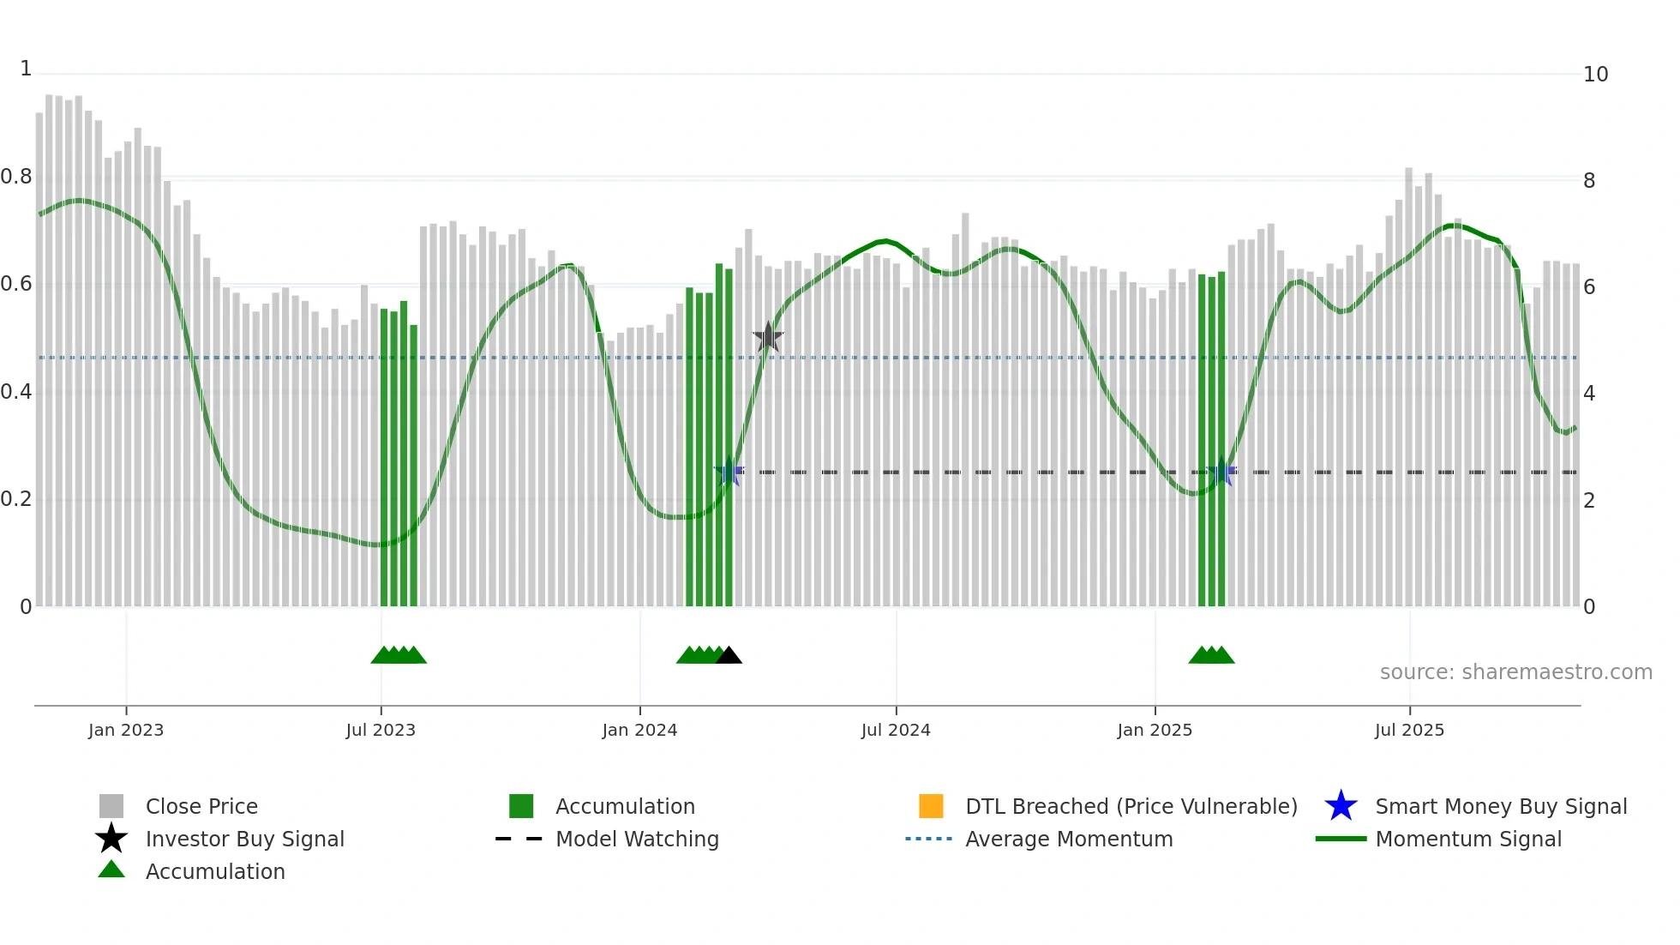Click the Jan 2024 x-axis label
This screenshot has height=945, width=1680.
639,730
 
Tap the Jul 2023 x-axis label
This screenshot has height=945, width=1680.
381,730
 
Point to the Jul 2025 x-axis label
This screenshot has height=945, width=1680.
1409,730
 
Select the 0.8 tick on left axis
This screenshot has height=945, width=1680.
16,178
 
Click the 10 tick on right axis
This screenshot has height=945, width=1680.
1595,75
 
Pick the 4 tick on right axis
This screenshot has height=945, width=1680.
1589,394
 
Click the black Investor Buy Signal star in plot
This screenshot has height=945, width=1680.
768,338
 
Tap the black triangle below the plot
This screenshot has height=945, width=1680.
729,656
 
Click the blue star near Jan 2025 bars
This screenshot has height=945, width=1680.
1221,472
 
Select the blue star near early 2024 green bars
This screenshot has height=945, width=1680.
729,472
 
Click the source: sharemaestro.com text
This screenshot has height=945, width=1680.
1515,672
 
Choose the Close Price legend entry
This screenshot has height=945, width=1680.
201,806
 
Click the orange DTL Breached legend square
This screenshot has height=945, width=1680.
931,806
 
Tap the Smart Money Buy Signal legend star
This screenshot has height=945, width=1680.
1341,806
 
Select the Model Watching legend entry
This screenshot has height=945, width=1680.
637,839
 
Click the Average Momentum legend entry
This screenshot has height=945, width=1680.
1069,839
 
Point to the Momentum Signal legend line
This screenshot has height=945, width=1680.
1341,839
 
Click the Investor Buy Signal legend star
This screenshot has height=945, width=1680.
111,839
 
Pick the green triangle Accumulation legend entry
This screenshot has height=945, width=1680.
111,870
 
